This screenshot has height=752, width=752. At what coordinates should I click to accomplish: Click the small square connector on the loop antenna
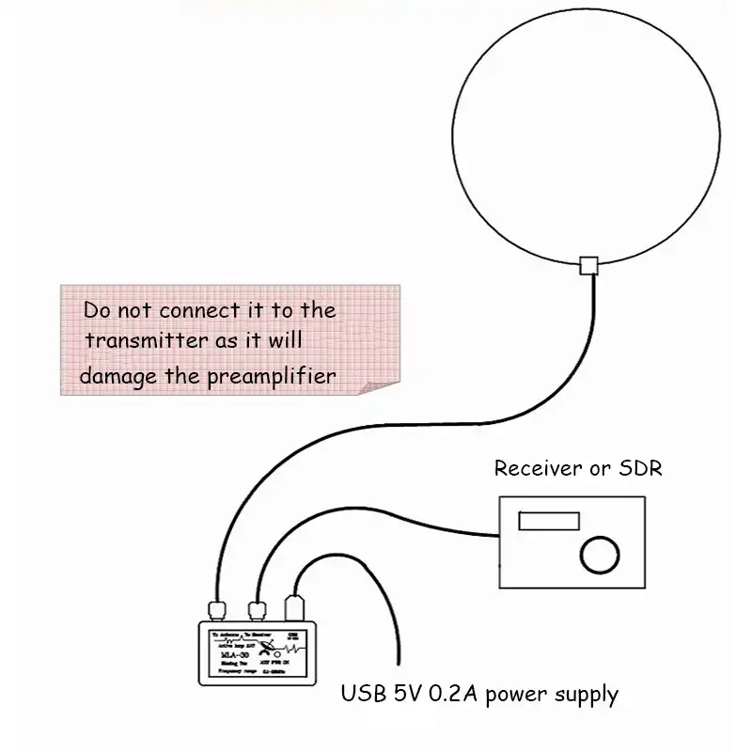[590, 265]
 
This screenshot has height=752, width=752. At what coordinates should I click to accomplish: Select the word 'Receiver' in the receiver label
[536, 468]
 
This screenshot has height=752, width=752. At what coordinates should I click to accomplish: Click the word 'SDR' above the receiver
[640, 468]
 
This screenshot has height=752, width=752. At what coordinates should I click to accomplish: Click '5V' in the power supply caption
[406, 696]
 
